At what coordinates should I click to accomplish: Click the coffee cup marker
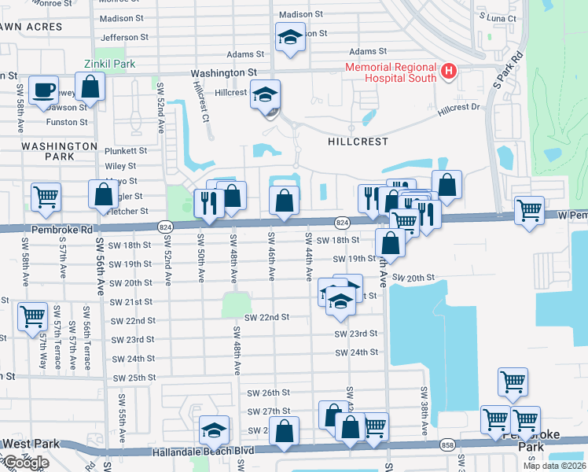[43, 89]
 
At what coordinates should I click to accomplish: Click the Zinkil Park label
[110, 64]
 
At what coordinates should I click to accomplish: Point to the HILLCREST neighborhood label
[358, 142]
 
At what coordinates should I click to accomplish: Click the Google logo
[25, 462]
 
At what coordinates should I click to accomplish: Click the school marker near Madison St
[289, 37]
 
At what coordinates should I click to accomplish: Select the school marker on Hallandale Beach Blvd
[212, 430]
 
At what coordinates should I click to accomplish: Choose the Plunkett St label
[126, 150]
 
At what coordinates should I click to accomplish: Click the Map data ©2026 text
[553, 466]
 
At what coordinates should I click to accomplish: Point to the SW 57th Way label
[43, 346]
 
